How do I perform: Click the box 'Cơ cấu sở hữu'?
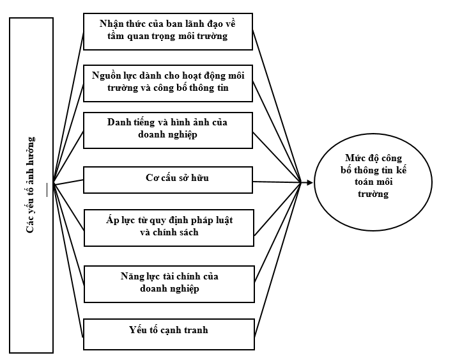coord(169,180)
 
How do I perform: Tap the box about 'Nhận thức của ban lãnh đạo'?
coord(169,30)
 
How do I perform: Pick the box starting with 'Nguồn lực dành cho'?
coord(169,82)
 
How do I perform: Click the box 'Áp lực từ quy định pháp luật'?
coord(169,227)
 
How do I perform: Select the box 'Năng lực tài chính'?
coord(169,283)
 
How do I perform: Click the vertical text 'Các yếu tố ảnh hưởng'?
coord(31,184)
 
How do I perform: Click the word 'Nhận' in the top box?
coord(112,24)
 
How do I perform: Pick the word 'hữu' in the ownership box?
coord(199,178)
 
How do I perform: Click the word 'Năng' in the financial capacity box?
coord(132,277)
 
